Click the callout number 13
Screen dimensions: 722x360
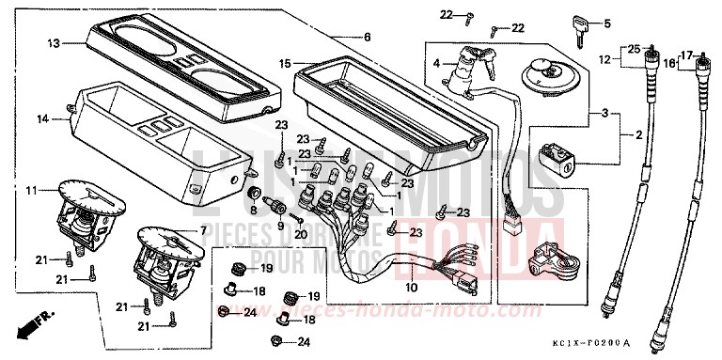point(54,43)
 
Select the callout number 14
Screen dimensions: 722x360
point(40,118)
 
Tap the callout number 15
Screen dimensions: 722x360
point(285,64)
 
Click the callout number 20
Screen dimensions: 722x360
point(301,233)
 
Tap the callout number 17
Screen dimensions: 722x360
point(687,55)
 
